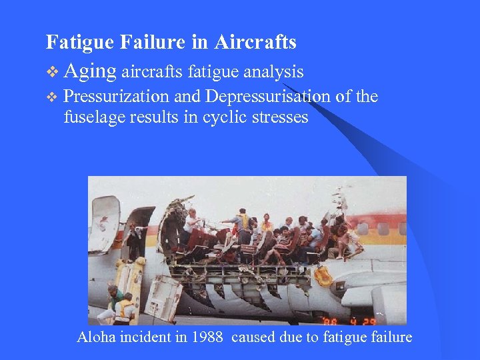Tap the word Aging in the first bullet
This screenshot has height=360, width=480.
pyautogui.click(x=91, y=71)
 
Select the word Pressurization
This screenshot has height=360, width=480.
pyautogui.click(x=116, y=97)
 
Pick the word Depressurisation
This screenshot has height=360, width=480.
pyautogui.click(x=267, y=97)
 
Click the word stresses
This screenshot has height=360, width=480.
pyautogui.click(x=282, y=117)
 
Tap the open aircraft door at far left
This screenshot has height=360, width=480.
pyautogui.click(x=104, y=223)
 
